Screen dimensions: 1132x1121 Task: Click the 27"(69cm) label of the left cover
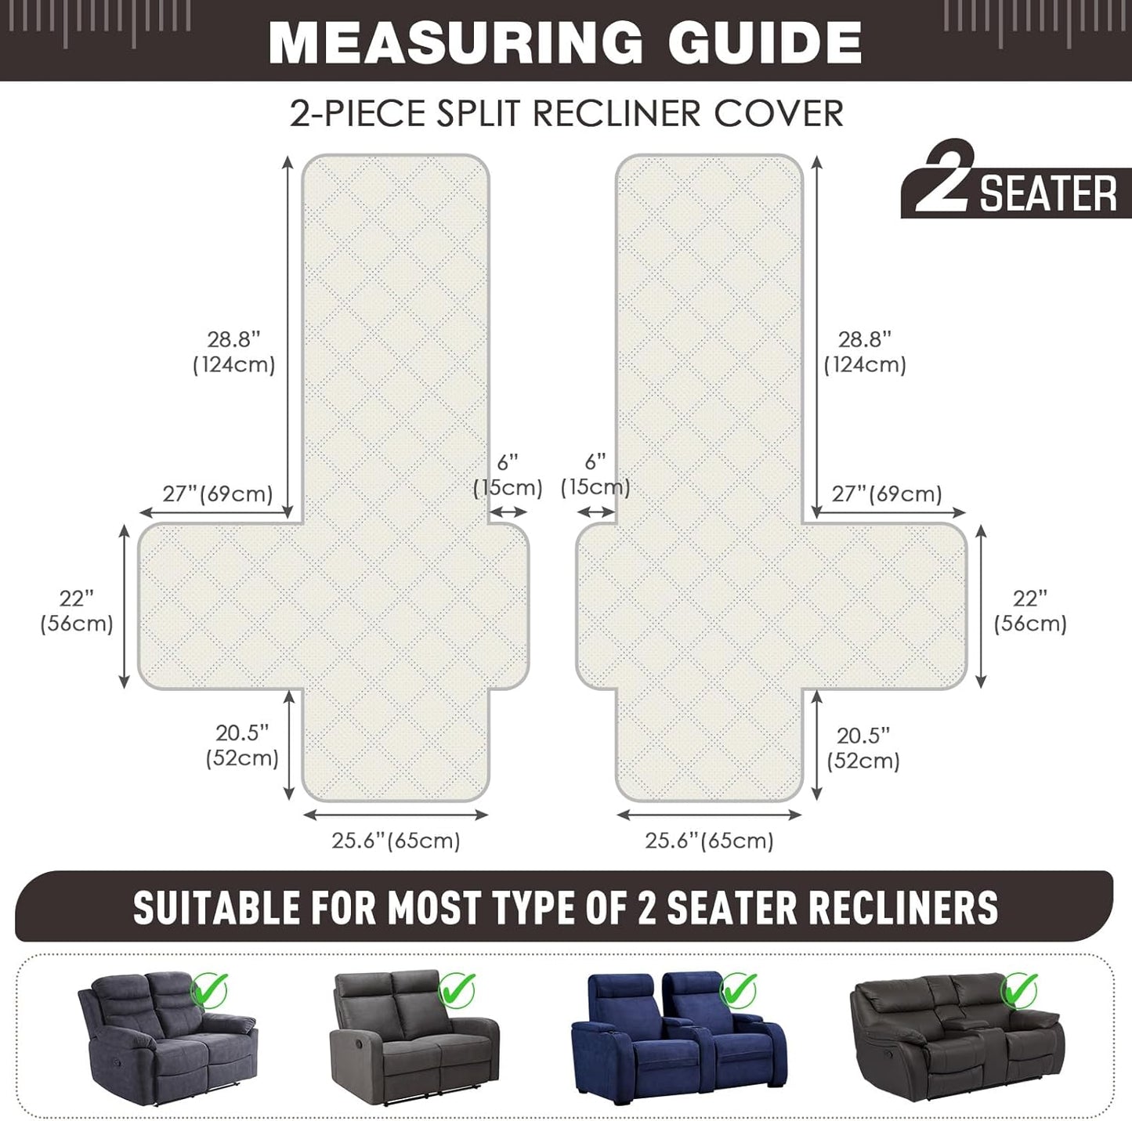pos(217,494)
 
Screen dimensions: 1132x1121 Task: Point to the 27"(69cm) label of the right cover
pos(887,494)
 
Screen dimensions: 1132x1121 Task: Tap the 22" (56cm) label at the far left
pos(76,611)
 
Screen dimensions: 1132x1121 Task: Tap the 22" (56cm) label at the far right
pos(1030,611)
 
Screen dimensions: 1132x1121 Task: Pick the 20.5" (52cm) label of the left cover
pos(242,746)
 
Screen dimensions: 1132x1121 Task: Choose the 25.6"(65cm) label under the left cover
pos(396,841)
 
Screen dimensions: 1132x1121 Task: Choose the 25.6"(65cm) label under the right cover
pos(709,841)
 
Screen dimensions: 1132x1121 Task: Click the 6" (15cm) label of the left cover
pos(508,476)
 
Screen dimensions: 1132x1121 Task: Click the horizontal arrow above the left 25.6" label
pos(396,815)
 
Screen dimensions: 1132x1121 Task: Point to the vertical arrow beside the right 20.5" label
pos(816,745)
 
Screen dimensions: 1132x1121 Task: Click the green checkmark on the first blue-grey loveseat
pos(210,989)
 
